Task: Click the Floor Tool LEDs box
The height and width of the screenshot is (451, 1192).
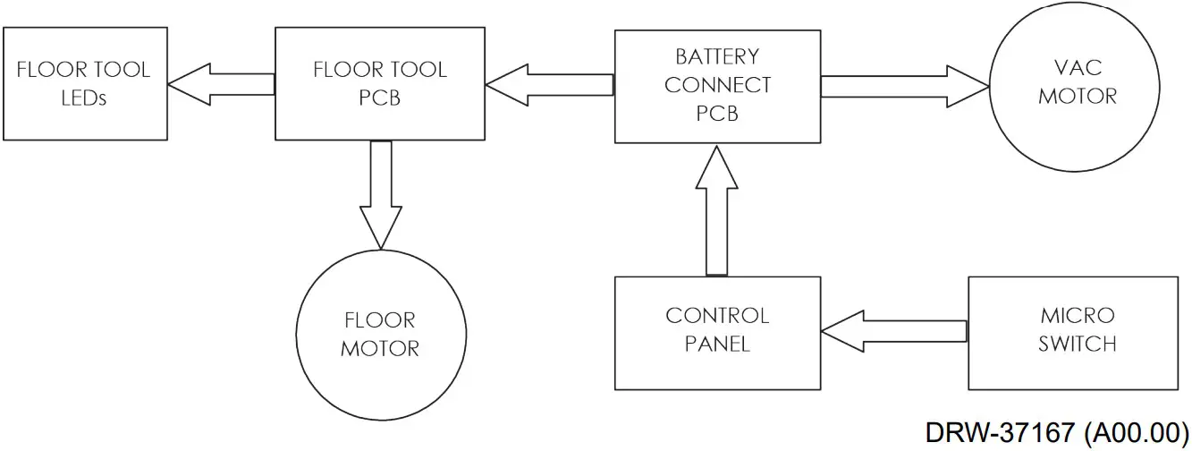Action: (x=84, y=83)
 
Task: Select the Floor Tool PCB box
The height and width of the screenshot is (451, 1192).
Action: (x=379, y=83)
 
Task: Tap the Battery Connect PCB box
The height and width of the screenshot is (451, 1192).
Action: (x=717, y=85)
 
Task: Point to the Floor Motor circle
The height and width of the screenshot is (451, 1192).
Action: (x=379, y=334)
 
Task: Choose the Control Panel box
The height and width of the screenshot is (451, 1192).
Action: (x=717, y=332)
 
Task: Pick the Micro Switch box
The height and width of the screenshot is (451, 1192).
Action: (x=1077, y=332)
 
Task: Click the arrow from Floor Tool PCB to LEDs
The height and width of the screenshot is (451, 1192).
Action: (x=220, y=83)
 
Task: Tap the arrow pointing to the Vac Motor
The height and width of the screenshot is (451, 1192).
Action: (x=903, y=86)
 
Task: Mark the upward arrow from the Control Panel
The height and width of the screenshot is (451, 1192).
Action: (x=717, y=209)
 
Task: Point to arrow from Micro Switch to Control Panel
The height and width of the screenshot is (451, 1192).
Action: (x=893, y=332)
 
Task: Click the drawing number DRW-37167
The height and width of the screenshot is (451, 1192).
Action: (x=999, y=432)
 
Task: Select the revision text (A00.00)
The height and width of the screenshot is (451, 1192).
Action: (x=1136, y=432)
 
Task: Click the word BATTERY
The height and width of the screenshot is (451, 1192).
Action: (x=717, y=57)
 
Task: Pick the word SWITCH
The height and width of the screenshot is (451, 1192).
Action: (x=1077, y=345)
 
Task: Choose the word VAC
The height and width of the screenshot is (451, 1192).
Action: (x=1077, y=69)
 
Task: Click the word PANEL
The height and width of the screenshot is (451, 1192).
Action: (x=717, y=345)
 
